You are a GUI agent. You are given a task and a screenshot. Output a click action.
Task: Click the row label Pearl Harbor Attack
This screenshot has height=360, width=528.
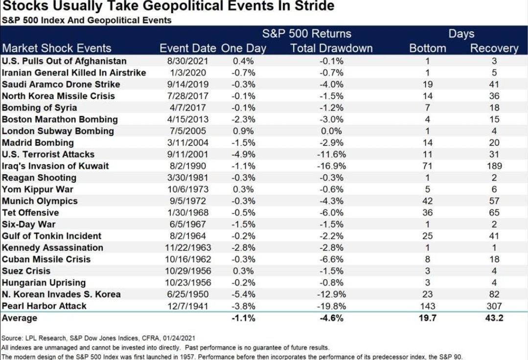click(44, 306)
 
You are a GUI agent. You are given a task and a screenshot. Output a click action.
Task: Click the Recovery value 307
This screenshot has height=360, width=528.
click(494, 306)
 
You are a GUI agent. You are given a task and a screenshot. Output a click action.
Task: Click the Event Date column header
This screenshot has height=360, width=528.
click(187, 48)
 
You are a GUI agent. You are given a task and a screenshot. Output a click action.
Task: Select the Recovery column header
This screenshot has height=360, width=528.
click(494, 48)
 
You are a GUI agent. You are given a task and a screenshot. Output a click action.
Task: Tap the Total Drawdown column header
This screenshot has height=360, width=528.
click(331, 48)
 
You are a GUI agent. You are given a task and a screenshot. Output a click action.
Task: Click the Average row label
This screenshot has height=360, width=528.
click(20, 318)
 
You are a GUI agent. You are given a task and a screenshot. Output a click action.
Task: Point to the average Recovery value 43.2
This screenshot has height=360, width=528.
click(494, 318)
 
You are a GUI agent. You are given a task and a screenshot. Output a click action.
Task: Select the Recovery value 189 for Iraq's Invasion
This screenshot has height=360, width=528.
click(494, 166)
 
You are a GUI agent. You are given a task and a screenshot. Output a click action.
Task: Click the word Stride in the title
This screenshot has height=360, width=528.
click(313, 6)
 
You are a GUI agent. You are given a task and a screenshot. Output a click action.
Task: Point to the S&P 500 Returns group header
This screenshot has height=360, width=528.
click(306, 34)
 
